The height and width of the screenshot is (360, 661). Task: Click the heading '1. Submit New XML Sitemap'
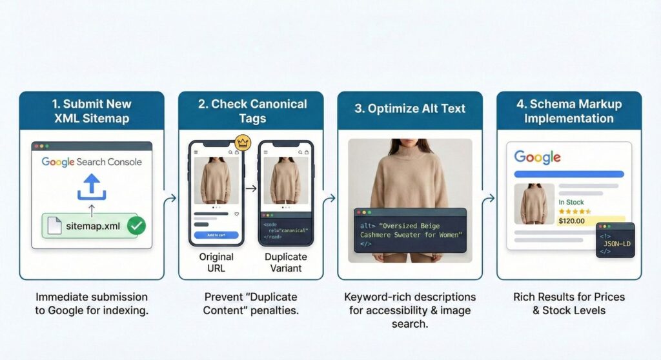pos(92,110)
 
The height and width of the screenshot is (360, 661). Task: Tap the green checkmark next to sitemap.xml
pos(136,226)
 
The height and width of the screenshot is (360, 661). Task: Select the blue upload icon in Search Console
pos(92,187)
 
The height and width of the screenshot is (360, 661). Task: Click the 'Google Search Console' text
pos(92,162)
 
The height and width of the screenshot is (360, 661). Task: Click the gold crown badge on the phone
pos(243,141)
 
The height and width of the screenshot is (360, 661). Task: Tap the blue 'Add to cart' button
pos(216,235)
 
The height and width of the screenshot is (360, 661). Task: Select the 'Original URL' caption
pos(216,262)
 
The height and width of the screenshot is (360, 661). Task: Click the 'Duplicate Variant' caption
pos(286,262)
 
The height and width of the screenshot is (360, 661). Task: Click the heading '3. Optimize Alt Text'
pos(410,108)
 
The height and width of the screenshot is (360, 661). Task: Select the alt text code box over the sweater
pos(410,230)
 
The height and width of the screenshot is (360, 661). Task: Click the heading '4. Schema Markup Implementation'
pos(569,110)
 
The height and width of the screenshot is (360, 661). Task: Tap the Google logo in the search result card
pos(537,157)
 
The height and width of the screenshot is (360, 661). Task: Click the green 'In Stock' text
pos(571,202)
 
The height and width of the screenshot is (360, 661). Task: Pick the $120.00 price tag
pos(572,221)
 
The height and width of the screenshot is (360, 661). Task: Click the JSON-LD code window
pos(615,241)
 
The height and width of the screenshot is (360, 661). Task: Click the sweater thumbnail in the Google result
pos(534,204)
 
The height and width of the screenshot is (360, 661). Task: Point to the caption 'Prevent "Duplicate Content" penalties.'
pos(250,303)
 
